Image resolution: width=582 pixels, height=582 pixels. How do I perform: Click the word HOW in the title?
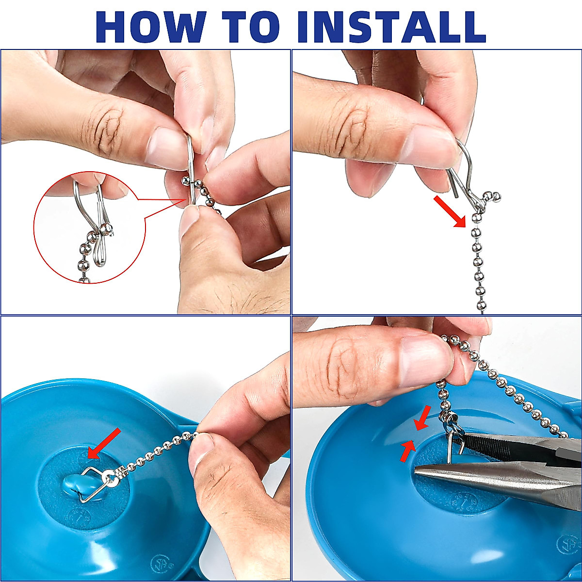151,27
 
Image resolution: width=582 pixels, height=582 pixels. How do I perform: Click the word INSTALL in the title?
392,27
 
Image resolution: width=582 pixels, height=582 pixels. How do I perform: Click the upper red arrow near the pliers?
423,418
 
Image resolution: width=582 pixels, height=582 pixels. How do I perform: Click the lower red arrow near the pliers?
407,451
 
